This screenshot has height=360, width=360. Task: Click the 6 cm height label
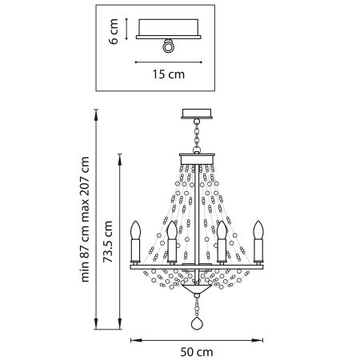pos(115,33)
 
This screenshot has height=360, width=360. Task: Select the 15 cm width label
pos(167,75)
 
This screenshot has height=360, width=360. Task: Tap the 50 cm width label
pos(195,350)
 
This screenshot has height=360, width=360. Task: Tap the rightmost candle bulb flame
pos(258,230)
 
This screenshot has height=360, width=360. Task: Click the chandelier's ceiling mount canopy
pos(196,113)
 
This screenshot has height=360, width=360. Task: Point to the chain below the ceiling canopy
pos(196,132)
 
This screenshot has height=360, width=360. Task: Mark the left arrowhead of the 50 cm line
pos(134,337)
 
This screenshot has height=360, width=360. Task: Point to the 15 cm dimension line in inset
pos(167,62)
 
